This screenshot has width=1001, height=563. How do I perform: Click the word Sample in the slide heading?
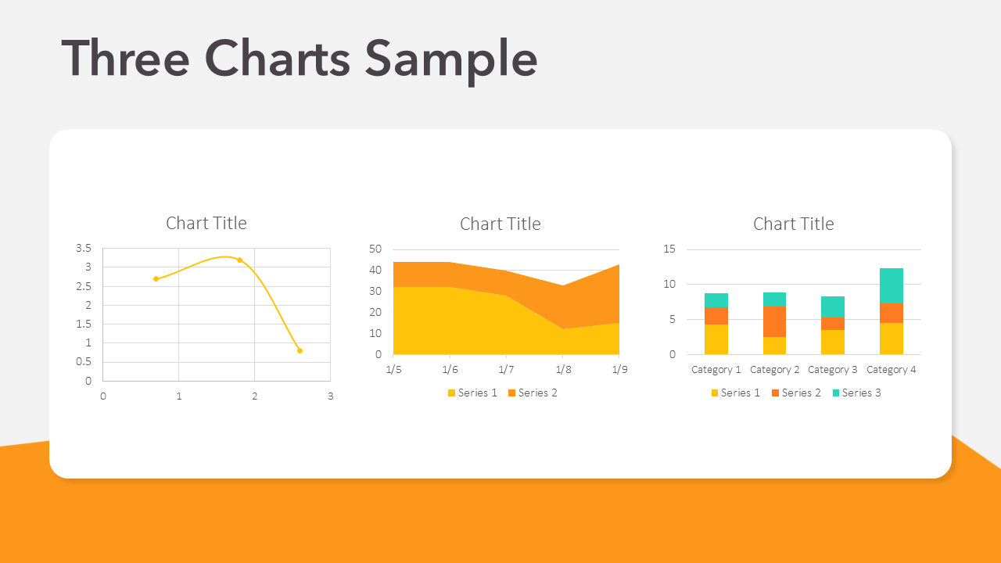451,59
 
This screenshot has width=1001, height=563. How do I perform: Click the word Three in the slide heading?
125,59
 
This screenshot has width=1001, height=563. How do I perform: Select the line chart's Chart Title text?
206,223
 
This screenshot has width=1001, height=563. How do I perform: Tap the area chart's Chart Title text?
500,224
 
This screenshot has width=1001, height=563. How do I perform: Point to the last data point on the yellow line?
300,350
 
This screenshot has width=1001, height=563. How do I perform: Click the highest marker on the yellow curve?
239,260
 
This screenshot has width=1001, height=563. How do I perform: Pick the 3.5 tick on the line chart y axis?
84,249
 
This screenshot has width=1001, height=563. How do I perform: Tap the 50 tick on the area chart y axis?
375,249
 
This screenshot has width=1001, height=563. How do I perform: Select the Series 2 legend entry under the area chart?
533,393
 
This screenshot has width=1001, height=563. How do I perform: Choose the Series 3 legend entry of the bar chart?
856,393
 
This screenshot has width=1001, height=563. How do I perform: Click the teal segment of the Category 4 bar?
892,285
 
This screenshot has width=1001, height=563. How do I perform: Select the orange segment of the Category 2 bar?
774,321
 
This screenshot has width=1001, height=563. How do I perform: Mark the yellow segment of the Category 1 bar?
716,339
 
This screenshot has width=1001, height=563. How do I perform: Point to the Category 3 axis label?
833,370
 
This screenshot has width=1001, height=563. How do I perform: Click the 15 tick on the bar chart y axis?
669,249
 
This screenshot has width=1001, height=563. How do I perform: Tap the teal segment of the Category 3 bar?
833,307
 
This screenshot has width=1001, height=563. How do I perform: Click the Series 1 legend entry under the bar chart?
735,393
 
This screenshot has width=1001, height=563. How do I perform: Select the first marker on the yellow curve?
156,278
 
